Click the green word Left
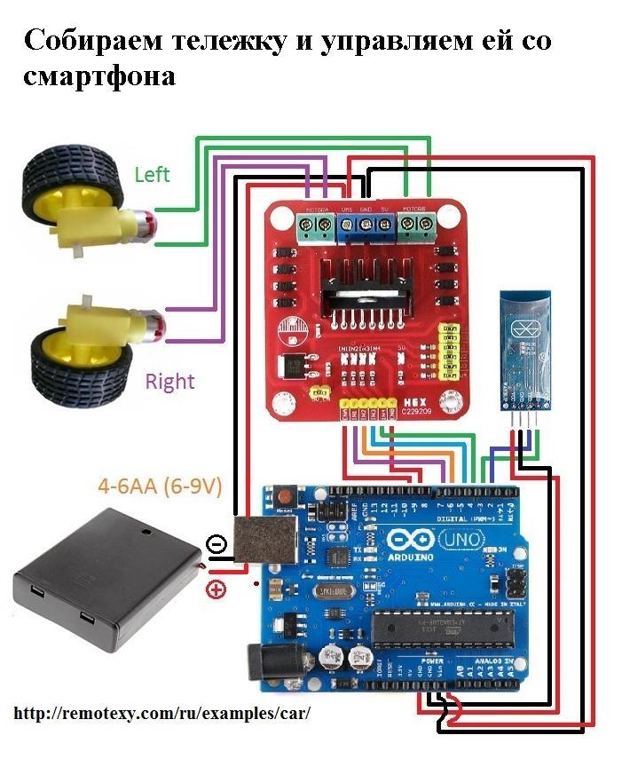(152, 174)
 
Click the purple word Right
(169, 382)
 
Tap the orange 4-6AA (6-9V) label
(160, 486)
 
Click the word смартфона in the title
(99, 76)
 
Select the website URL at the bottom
(163, 714)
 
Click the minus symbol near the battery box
(215, 543)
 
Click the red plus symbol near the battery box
(215, 588)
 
